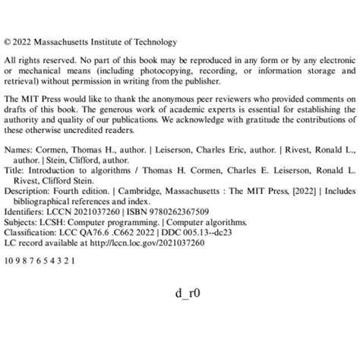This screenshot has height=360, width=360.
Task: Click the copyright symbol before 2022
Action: coord(8,43)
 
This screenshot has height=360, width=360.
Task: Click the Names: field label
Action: coord(18,150)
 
